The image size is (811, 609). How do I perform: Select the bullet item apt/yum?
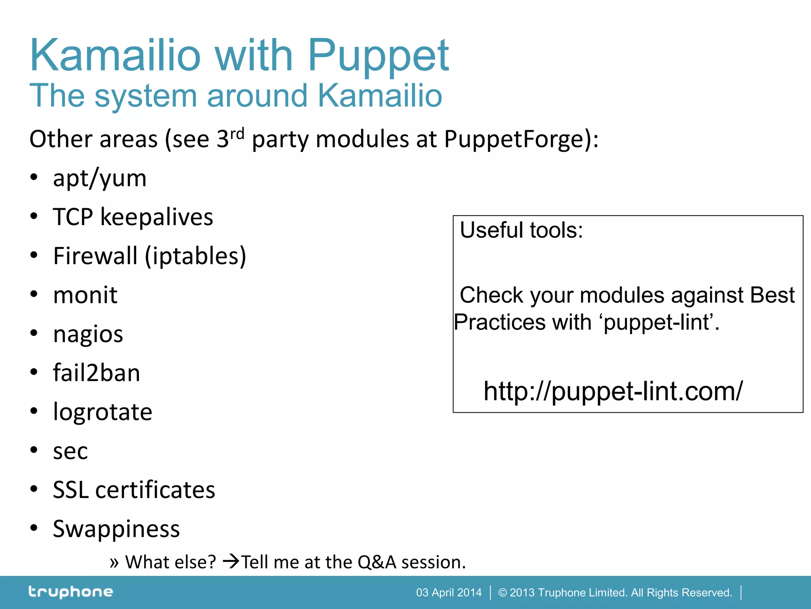[100, 178]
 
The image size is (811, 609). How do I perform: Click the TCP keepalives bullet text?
[133, 217]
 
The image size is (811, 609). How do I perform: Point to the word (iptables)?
[196, 256]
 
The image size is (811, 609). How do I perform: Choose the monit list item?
[85, 295]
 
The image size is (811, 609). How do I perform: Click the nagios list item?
[88, 334]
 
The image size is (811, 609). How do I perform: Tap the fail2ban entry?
[97, 373]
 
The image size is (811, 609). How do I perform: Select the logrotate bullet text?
[103, 412]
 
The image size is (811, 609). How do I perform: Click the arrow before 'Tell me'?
[231, 561]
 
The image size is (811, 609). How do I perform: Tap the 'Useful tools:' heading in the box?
[521, 230]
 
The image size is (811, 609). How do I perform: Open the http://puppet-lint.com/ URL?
[613, 391]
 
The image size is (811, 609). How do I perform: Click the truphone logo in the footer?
[70, 592]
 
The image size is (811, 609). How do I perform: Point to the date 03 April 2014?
[449, 593]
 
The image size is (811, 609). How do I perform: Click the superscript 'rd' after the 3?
[237, 134]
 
